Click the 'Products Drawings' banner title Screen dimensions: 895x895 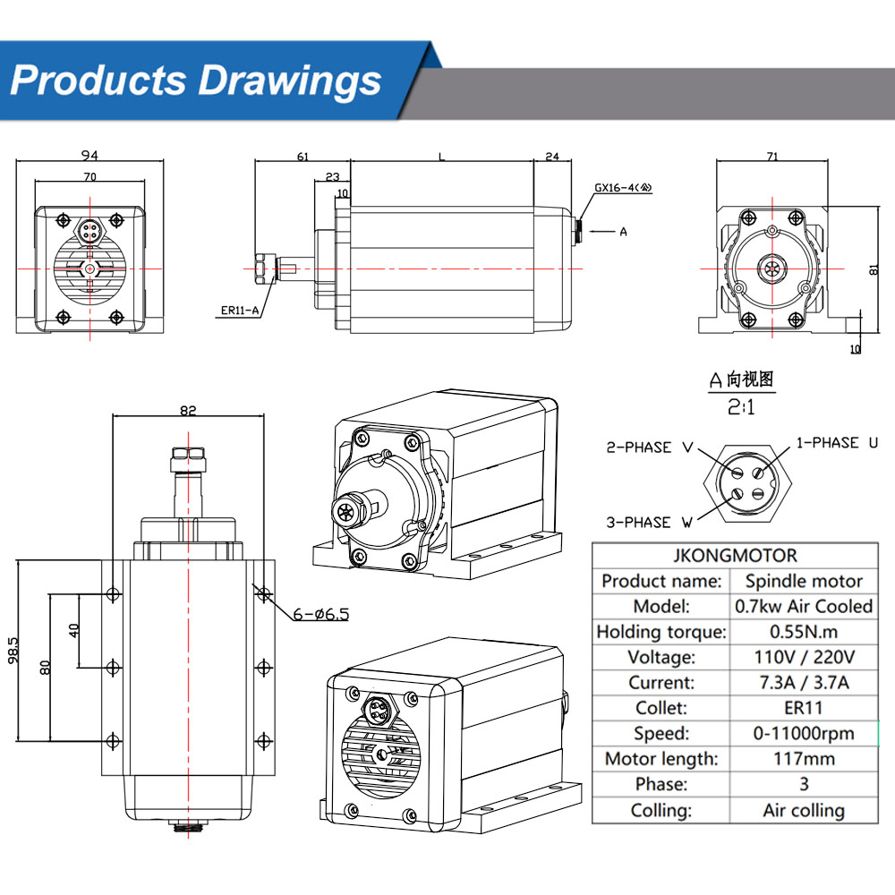pyautogui.click(x=196, y=80)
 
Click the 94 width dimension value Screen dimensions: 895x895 pyautogui.click(x=88, y=155)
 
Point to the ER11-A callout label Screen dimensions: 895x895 pyautogui.click(x=240, y=311)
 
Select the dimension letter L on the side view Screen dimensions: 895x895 pyautogui.click(x=441, y=156)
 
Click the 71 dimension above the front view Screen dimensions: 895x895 pyautogui.click(x=772, y=156)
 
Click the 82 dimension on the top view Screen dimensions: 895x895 pyautogui.click(x=188, y=411)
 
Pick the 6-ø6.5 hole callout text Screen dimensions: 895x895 pyautogui.click(x=321, y=614)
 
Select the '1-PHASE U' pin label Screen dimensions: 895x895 pyautogui.click(x=839, y=442)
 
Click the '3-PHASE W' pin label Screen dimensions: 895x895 pyautogui.click(x=650, y=522)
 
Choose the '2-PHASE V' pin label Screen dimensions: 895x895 pyautogui.click(x=650, y=447)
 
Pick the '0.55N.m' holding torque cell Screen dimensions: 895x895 pyautogui.click(x=804, y=632)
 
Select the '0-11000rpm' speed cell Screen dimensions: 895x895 pyautogui.click(x=804, y=733)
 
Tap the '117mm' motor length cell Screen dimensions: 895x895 pyautogui.click(x=804, y=759)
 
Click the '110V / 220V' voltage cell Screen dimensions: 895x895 pyautogui.click(x=804, y=657)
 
